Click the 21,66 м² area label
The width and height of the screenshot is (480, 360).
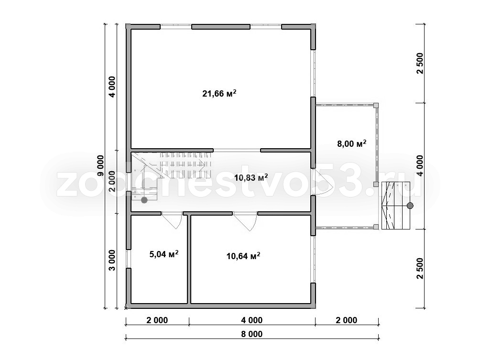(219, 93)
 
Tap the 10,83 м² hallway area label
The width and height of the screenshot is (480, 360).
(251, 177)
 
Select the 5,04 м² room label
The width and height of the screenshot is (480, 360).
(164, 254)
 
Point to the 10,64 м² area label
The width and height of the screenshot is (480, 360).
(243, 256)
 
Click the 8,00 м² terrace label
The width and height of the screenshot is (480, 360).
(352, 143)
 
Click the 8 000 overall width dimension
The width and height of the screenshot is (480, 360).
(251, 334)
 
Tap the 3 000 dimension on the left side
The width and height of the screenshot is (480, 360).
(112, 261)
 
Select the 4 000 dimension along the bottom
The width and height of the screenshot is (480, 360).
(251, 320)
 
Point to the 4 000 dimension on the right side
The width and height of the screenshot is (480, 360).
(420, 165)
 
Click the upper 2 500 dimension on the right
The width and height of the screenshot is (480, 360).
(420, 64)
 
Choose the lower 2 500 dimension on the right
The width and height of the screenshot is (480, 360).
(420, 269)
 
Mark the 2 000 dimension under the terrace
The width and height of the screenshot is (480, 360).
(346, 320)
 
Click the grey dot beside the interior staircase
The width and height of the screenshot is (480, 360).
(144, 200)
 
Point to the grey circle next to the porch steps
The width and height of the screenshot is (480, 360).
(410, 206)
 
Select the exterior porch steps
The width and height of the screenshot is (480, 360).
(395, 206)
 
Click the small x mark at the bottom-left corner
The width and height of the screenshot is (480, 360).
(126, 308)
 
